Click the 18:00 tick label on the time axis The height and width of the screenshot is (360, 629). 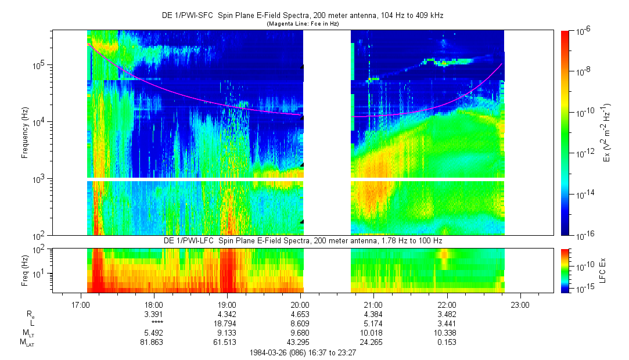point(153,304)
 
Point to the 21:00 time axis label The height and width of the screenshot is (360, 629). point(373,304)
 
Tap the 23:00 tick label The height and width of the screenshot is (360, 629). point(520,304)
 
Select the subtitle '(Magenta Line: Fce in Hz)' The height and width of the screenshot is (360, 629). point(303,24)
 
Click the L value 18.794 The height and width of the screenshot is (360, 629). point(227,323)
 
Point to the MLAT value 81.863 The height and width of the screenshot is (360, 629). point(153,342)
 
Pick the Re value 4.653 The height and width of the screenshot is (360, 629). point(300,314)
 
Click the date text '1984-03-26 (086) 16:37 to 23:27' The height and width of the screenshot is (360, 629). point(303,352)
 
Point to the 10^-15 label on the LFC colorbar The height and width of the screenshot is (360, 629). point(583,289)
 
